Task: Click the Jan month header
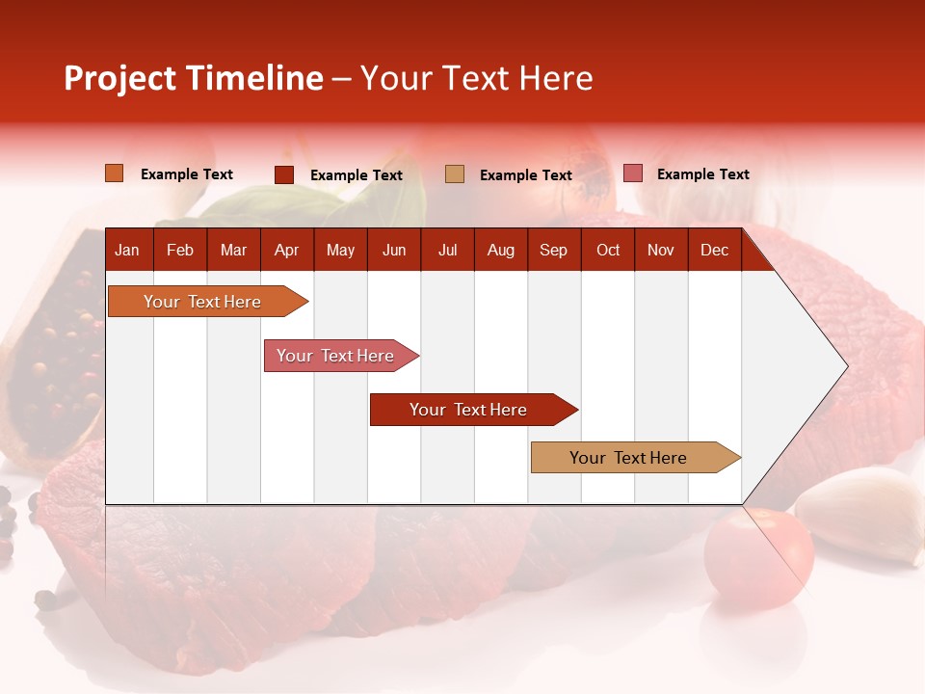point(127,250)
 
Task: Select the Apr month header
point(287,250)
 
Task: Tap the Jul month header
point(447,250)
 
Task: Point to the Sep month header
point(553,250)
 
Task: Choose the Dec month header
point(714,250)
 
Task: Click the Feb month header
point(180,250)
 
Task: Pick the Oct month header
point(608,250)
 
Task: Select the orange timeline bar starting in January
point(203,302)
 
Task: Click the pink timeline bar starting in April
point(336,356)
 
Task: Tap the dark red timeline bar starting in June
point(469,410)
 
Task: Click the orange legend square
point(115,173)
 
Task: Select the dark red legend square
point(284,174)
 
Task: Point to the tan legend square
point(455,173)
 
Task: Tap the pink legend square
point(632,173)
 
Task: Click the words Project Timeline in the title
point(194,78)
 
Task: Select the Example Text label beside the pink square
point(702,174)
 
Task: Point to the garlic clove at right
point(862,516)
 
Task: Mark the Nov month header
point(661,250)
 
